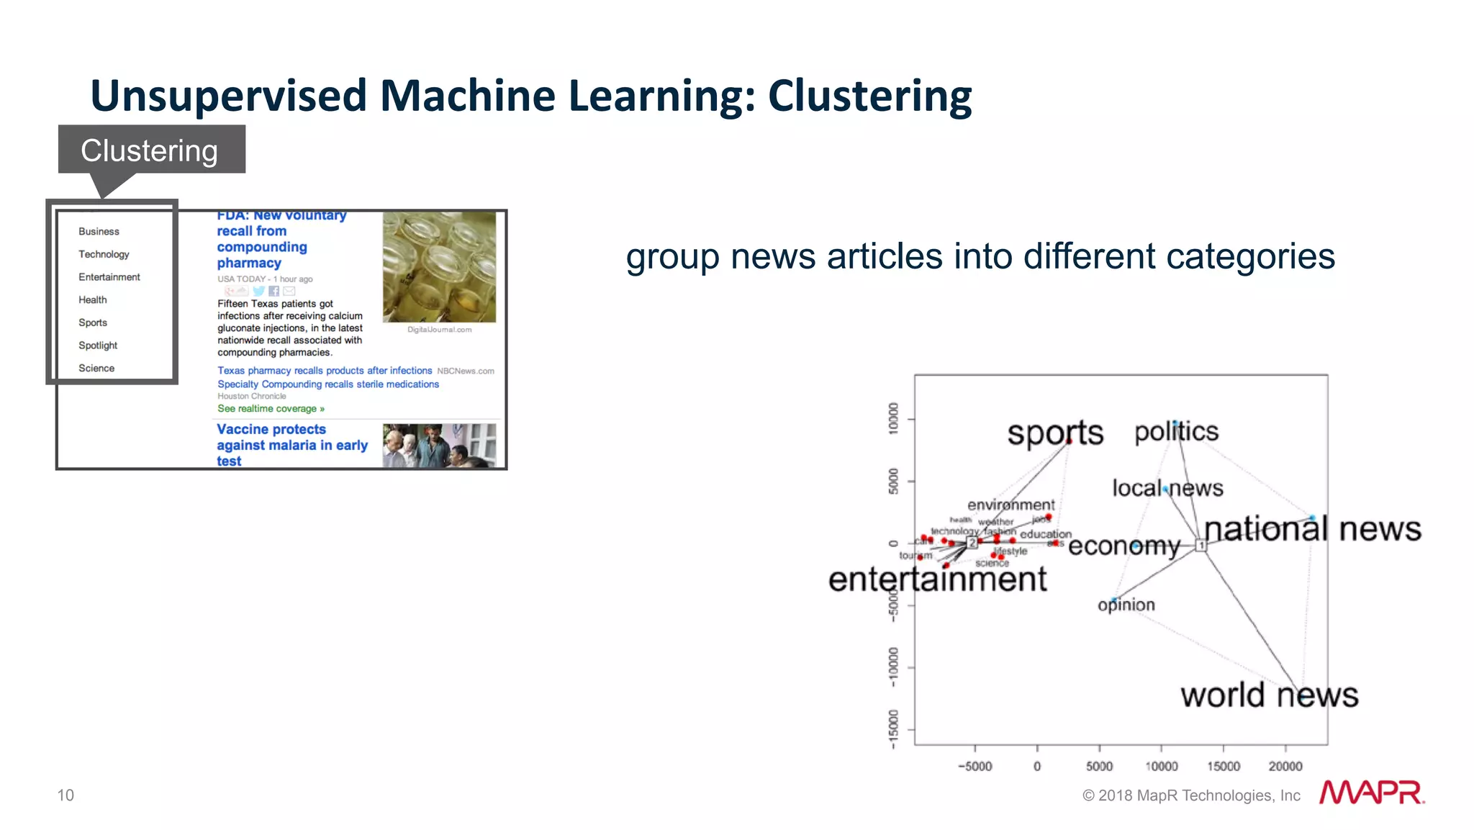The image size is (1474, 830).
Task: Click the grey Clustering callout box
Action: [151, 150]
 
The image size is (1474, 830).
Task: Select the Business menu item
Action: [99, 231]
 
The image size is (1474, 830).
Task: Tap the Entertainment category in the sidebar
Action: [109, 277]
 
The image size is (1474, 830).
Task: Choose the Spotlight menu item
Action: [98, 346]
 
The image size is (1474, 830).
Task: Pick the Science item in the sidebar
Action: [96, 368]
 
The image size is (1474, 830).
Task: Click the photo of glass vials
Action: [439, 266]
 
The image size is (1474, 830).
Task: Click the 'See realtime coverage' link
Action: [271, 409]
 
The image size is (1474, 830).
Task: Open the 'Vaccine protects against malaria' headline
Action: [291, 445]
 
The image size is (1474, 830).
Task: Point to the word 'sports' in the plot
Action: [1054, 433]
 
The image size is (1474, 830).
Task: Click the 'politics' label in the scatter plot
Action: [1176, 431]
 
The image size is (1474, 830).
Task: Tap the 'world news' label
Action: [1269, 695]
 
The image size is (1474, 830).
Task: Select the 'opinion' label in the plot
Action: [1126, 605]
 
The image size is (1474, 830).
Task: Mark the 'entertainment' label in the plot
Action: [937, 579]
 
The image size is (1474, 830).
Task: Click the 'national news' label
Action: [1312, 529]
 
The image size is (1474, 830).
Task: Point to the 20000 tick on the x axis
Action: [1285, 767]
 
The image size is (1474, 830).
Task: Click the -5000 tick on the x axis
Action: [975, 767]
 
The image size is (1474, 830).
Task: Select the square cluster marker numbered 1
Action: [1201, 546]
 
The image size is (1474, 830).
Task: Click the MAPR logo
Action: [1371, 793]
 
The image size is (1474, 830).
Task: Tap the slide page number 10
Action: [65, 795]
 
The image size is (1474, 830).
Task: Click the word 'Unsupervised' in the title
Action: [229, 96]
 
